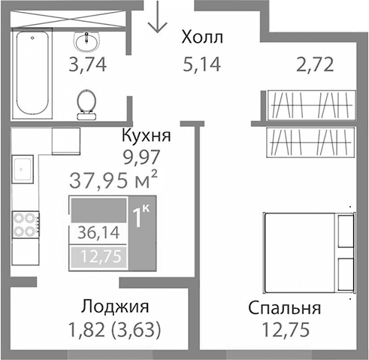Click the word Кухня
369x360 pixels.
147,137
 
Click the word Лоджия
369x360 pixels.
115,307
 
